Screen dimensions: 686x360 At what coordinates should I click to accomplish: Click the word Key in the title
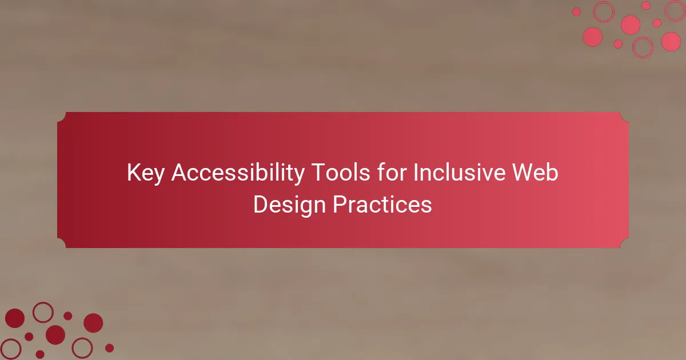(x=145, y=173)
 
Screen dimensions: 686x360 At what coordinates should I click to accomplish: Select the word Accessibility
(x=238, y=173)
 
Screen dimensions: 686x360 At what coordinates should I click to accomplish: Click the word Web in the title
(x=535, y=173)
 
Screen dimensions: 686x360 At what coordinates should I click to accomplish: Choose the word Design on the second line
(x=289, y=205)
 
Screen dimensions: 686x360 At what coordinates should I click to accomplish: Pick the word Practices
(x=382, y=204)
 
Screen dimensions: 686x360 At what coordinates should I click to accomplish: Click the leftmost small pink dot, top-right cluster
(x=576, y=12)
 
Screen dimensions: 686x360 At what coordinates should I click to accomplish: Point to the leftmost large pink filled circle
(x=593, y=37)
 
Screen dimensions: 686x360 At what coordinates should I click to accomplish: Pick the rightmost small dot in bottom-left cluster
(x=109, y=348)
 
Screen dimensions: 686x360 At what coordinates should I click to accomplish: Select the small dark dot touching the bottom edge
(x=40, y=355)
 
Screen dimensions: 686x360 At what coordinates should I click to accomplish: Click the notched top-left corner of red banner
(x=62, y=117)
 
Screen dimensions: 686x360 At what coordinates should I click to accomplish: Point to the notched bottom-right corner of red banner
(x=624, y=243)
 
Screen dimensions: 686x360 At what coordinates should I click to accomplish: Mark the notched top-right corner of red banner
(x=624, y=117)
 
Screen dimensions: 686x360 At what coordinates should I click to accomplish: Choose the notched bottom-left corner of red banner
(x=62, y=243)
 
